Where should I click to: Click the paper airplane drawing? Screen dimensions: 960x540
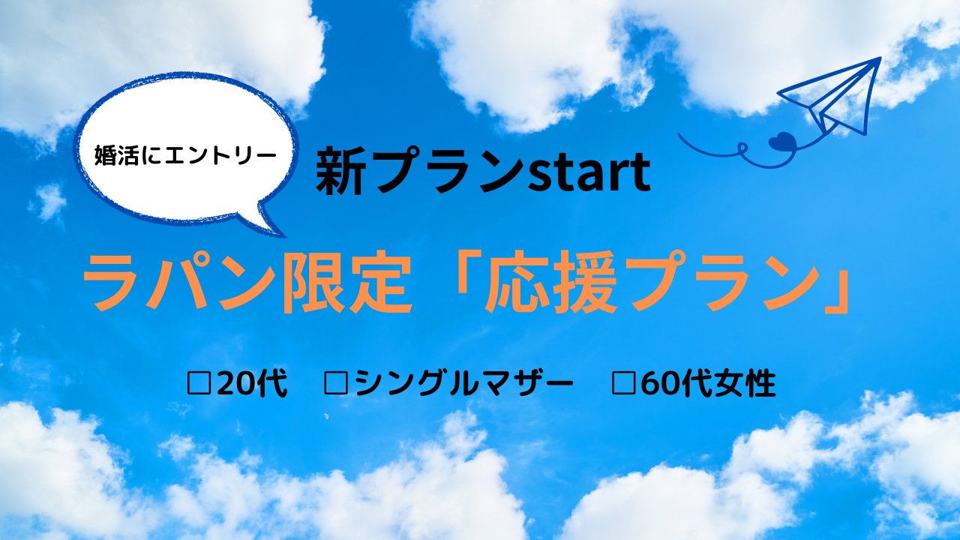[829, 97]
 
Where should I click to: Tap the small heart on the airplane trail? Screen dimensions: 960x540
[782, 142]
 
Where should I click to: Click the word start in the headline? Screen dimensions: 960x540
[589, 172]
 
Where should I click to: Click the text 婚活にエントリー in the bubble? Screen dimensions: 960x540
[185, 155]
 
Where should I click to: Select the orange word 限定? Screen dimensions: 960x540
[346, 283]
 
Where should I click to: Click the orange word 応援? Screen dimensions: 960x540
[550, 283]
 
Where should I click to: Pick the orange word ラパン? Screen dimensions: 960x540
[180, 283]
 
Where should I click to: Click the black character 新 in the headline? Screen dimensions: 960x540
[341, 170]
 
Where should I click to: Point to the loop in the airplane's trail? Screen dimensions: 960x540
[742, 148]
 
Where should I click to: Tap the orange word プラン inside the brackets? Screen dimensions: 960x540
[720, 283]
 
